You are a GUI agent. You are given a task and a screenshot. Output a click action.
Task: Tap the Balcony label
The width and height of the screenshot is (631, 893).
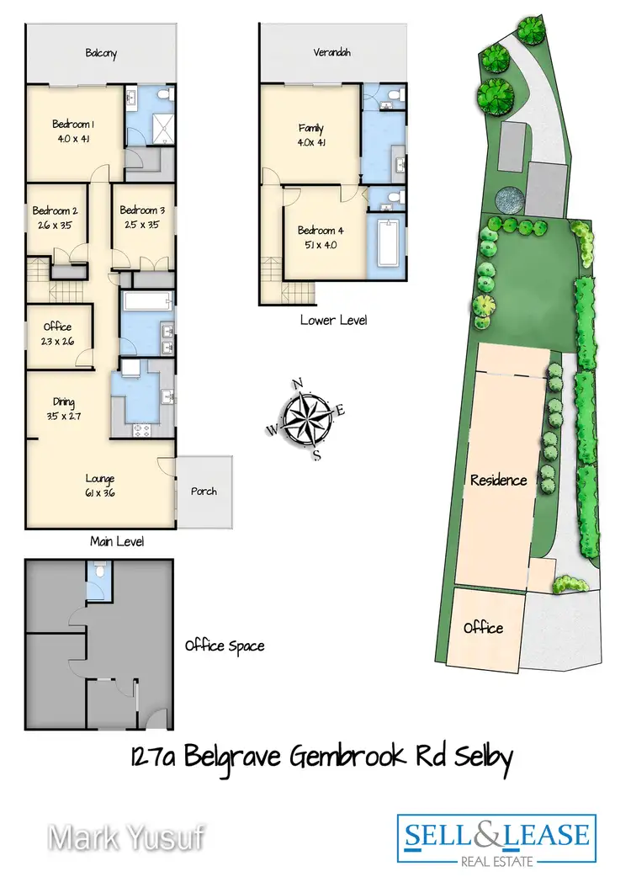(100, 53)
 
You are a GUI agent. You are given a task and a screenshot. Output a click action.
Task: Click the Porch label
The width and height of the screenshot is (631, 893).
(204, 491)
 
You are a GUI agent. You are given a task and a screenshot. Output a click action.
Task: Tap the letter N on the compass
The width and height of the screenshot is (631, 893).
(298, 385)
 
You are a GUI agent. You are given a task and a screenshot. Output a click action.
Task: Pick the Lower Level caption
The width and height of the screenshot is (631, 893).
(334, 321)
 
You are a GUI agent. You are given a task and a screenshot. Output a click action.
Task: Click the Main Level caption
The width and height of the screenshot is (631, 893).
(117, 542)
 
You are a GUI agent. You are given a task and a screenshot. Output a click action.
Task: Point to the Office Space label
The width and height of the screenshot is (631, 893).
(225, 646)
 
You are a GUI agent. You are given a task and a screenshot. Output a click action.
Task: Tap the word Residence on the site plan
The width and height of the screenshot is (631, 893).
(498, 481)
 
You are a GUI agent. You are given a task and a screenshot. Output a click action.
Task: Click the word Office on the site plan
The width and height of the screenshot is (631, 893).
(483, 628)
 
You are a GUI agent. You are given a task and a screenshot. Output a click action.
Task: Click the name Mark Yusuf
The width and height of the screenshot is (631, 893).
(125, 838)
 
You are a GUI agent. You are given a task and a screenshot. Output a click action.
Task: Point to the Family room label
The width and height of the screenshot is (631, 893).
(310, 129)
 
